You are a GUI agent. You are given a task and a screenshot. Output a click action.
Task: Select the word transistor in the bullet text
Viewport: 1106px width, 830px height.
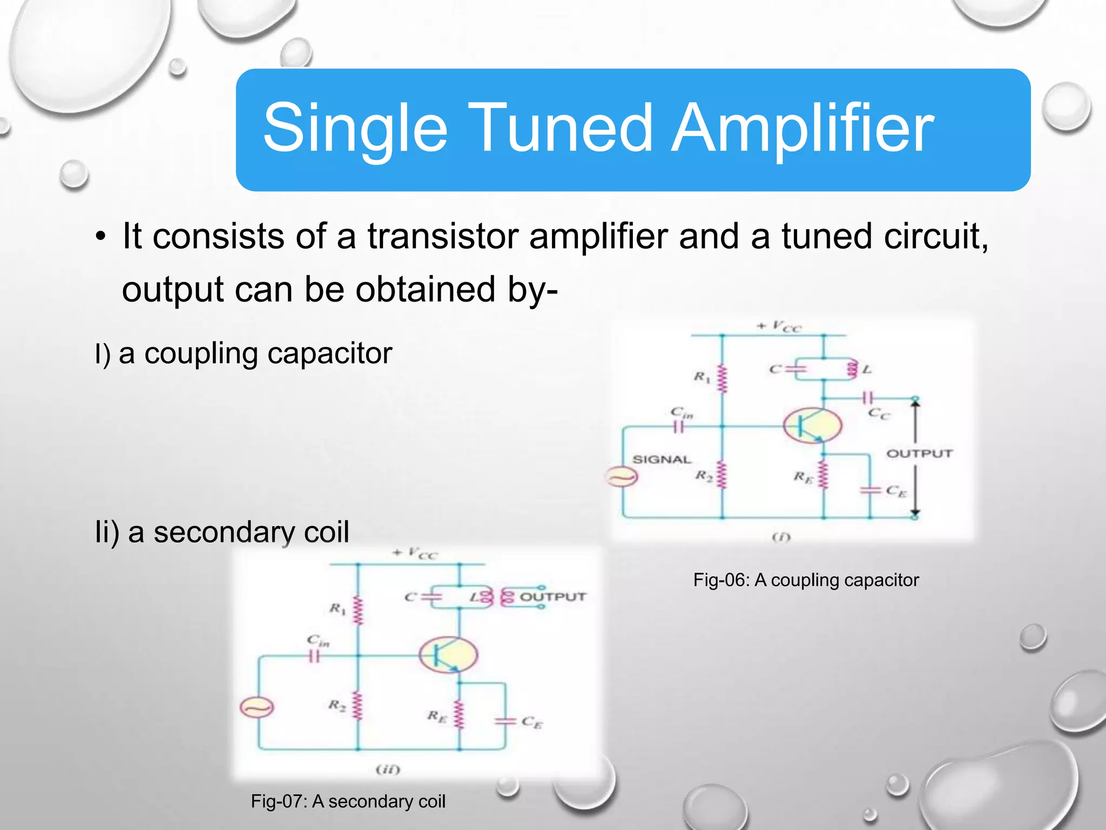442,236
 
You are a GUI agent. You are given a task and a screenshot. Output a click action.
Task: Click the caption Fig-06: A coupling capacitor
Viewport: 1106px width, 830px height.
806,580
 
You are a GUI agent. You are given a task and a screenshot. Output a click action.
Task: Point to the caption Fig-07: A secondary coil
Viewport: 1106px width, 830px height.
348,801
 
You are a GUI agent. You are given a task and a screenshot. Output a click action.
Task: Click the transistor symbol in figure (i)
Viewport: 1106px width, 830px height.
813,426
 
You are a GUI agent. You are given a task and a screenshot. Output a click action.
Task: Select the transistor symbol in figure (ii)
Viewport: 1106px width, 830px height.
448,655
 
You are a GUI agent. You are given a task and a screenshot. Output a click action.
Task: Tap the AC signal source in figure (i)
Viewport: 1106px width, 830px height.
622,477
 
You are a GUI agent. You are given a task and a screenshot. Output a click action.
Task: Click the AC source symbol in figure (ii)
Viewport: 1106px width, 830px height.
257,707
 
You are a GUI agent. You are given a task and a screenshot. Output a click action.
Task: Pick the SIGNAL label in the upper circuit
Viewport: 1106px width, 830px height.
662,460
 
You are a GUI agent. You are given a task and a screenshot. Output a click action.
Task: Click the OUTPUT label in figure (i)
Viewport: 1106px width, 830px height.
919,453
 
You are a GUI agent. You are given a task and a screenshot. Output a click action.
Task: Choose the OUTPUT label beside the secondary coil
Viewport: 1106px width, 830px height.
552,597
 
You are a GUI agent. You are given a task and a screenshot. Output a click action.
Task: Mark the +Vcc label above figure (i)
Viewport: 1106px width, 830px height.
779,326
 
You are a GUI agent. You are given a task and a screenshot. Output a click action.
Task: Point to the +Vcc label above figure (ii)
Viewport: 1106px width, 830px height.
415,553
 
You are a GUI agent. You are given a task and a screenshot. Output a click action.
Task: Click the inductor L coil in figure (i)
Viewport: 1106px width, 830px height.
853,370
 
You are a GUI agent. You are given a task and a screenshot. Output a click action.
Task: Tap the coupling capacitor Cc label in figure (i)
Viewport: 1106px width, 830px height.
879,414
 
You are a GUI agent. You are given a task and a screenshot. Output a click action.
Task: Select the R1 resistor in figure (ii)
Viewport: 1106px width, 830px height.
357,611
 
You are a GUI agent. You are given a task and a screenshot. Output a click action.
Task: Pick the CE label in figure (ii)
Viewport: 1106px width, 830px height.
532,722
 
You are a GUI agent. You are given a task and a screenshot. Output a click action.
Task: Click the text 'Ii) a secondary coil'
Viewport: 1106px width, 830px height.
222,532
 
